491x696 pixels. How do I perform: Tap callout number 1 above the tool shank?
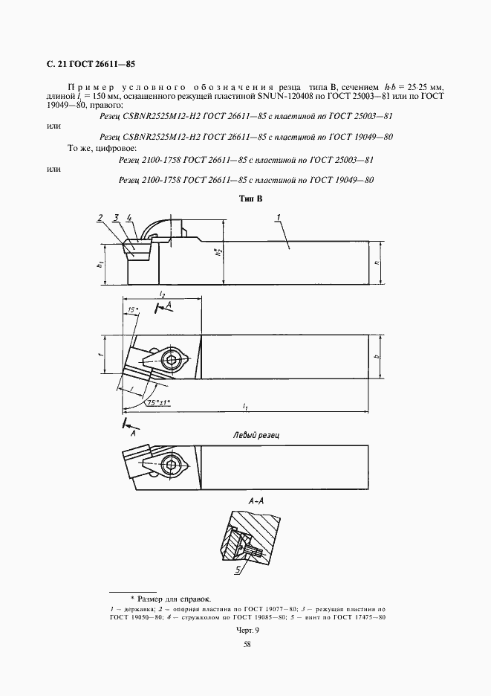pyautogui.click(x=276, y=217)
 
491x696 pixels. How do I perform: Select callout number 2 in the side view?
pyautogui.click(x=100, y=218)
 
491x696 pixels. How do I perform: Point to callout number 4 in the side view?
pyautogui.click(x=129, y=218)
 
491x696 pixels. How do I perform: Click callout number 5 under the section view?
pyautogui.click(x=238, y=570)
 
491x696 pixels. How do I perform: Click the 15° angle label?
pyautogui.click(x=132, y=309)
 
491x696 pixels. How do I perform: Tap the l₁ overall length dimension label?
pyautogui.click(x=244, y=405)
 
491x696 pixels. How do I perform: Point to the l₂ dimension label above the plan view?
pyautogui.click(x=162, y=296)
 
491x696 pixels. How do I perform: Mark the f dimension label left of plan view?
pyautogui.click(x=100, y=355)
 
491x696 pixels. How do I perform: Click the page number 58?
pyautogui.click(x=247, y=644)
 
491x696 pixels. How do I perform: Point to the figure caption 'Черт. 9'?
pyautogui.click(x=247, y=629)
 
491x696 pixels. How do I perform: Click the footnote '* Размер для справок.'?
pyautogui.click(x=170, y=598)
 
